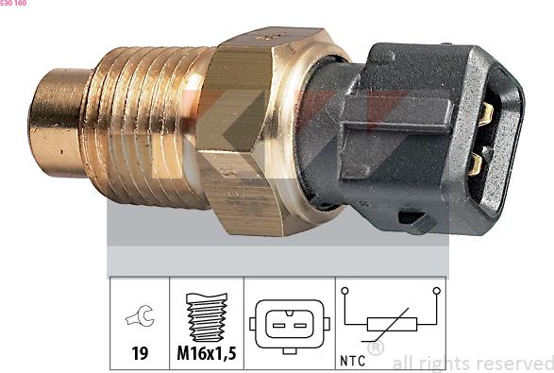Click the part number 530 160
click(x=13, y=4)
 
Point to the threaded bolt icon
click(x=207, y=317)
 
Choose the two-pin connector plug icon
click(x=289, y=323)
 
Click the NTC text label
click(x=351, y=360)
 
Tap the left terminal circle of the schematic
click(x=345, y=291)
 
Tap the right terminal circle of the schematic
click(x=436, y=291)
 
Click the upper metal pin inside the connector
click(x=486, y=114)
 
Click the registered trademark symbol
click(x=375, y=348)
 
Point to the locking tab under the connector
click(x=415, y=222)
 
